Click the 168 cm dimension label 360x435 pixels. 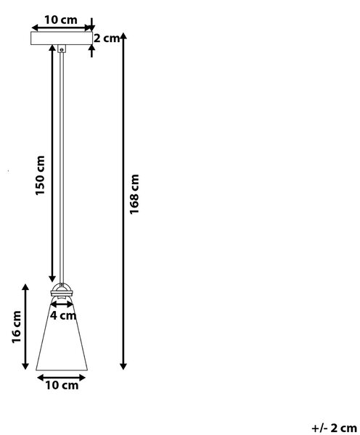[x=134, y=194]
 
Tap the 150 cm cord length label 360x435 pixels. [x=40, y=175]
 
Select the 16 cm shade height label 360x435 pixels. [x=17, y=327]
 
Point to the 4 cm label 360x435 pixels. [x=63, y=315]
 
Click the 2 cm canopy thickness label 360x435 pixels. [x=107, y=38]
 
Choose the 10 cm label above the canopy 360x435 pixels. [x=61, y=20]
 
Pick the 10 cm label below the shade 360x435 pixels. [x=62, y=386]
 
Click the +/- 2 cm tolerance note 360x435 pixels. [x=334, y=428]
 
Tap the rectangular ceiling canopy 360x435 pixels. [x=62, y=38]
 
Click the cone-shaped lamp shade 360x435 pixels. [x=62, y=336]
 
